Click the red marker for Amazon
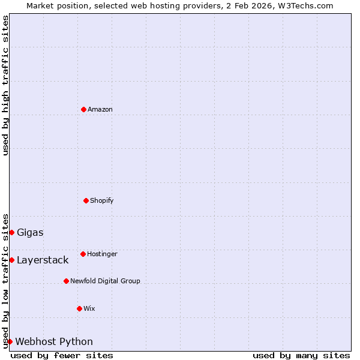point(83,109)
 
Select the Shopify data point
point(86,200)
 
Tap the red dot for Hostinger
point(83,254)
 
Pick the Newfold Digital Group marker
point(66,281)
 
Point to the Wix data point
point(79,308)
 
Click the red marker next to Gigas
point(11,232)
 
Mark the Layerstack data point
point(11,260)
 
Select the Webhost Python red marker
point(10,341)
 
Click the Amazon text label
point(100,109)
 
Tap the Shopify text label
point(102,200)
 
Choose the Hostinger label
point(102,254)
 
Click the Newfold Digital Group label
point(105,281)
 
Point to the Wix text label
point(89,308)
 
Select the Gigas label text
point(30,232)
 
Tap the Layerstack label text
point(43,260)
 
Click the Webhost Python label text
point(54,341)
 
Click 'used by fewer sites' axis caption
point(62,355)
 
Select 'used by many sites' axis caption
point(301,355)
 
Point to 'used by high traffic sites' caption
point(5,85)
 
